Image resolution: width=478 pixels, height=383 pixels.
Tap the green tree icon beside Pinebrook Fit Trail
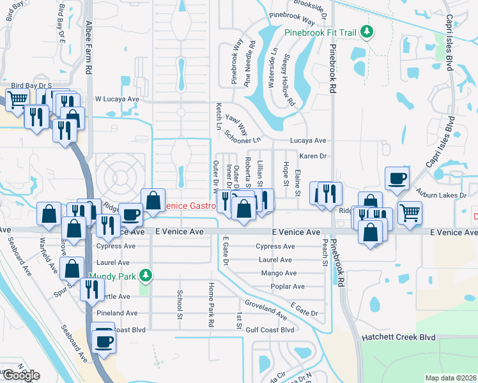pyautogui.click(x=366, y=31)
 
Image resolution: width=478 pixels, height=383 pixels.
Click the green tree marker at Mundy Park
pyautogui.click(x=146, y=275)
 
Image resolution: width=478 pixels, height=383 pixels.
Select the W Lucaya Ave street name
pyautogui.click(x=117, y=100)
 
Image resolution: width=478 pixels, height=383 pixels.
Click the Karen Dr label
pyautogui.click(x=313, y=156)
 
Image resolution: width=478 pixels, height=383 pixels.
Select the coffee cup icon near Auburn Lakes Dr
pyautogui.click(x=397, y=178)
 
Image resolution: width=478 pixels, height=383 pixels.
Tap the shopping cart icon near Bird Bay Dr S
pyautogui.click(x=17, y=99)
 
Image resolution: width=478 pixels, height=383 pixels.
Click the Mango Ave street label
pyautogui.click(x=279, y=273)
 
